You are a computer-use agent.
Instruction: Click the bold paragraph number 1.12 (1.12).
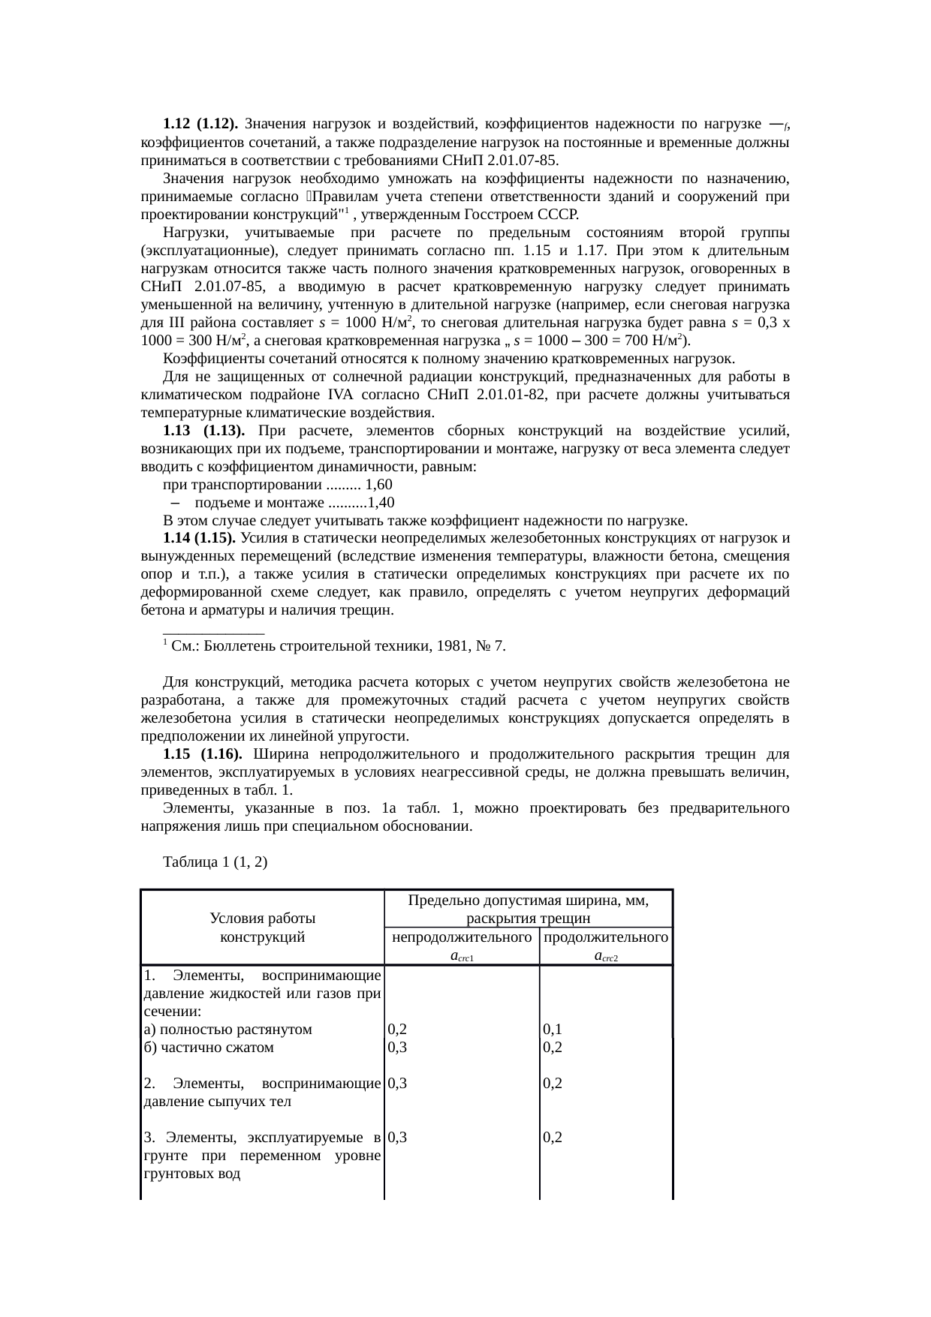coord(200,123)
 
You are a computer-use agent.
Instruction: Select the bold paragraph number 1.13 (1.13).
coord(200,431)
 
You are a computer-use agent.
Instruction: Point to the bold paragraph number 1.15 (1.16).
coord(200,754)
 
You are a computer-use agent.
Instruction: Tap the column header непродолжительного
coord(462,937)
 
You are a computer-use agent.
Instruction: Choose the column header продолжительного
coord(606,937)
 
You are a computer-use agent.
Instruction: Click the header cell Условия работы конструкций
coord(262,928)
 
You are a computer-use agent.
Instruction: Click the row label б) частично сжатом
coord(208,1048)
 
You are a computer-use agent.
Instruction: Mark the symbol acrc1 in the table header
coord(461,957)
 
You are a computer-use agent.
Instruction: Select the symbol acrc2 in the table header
coord(606,957)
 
